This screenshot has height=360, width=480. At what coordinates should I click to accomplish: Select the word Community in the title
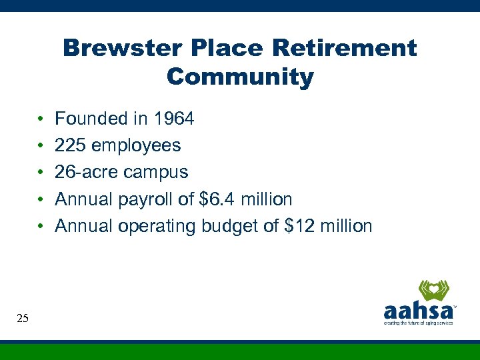240,77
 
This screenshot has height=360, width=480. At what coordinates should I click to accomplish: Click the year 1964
174,119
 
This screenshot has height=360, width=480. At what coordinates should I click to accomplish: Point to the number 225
69,145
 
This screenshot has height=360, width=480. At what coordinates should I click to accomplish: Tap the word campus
157,172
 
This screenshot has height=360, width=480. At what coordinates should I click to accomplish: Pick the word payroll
143,199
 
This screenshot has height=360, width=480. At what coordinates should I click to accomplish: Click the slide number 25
23,319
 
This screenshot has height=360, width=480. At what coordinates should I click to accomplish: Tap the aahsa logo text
418,311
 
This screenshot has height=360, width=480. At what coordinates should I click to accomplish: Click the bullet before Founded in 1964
41,119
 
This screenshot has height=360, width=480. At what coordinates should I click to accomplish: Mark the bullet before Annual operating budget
41,226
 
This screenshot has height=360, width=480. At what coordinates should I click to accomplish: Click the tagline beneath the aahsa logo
418,323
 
